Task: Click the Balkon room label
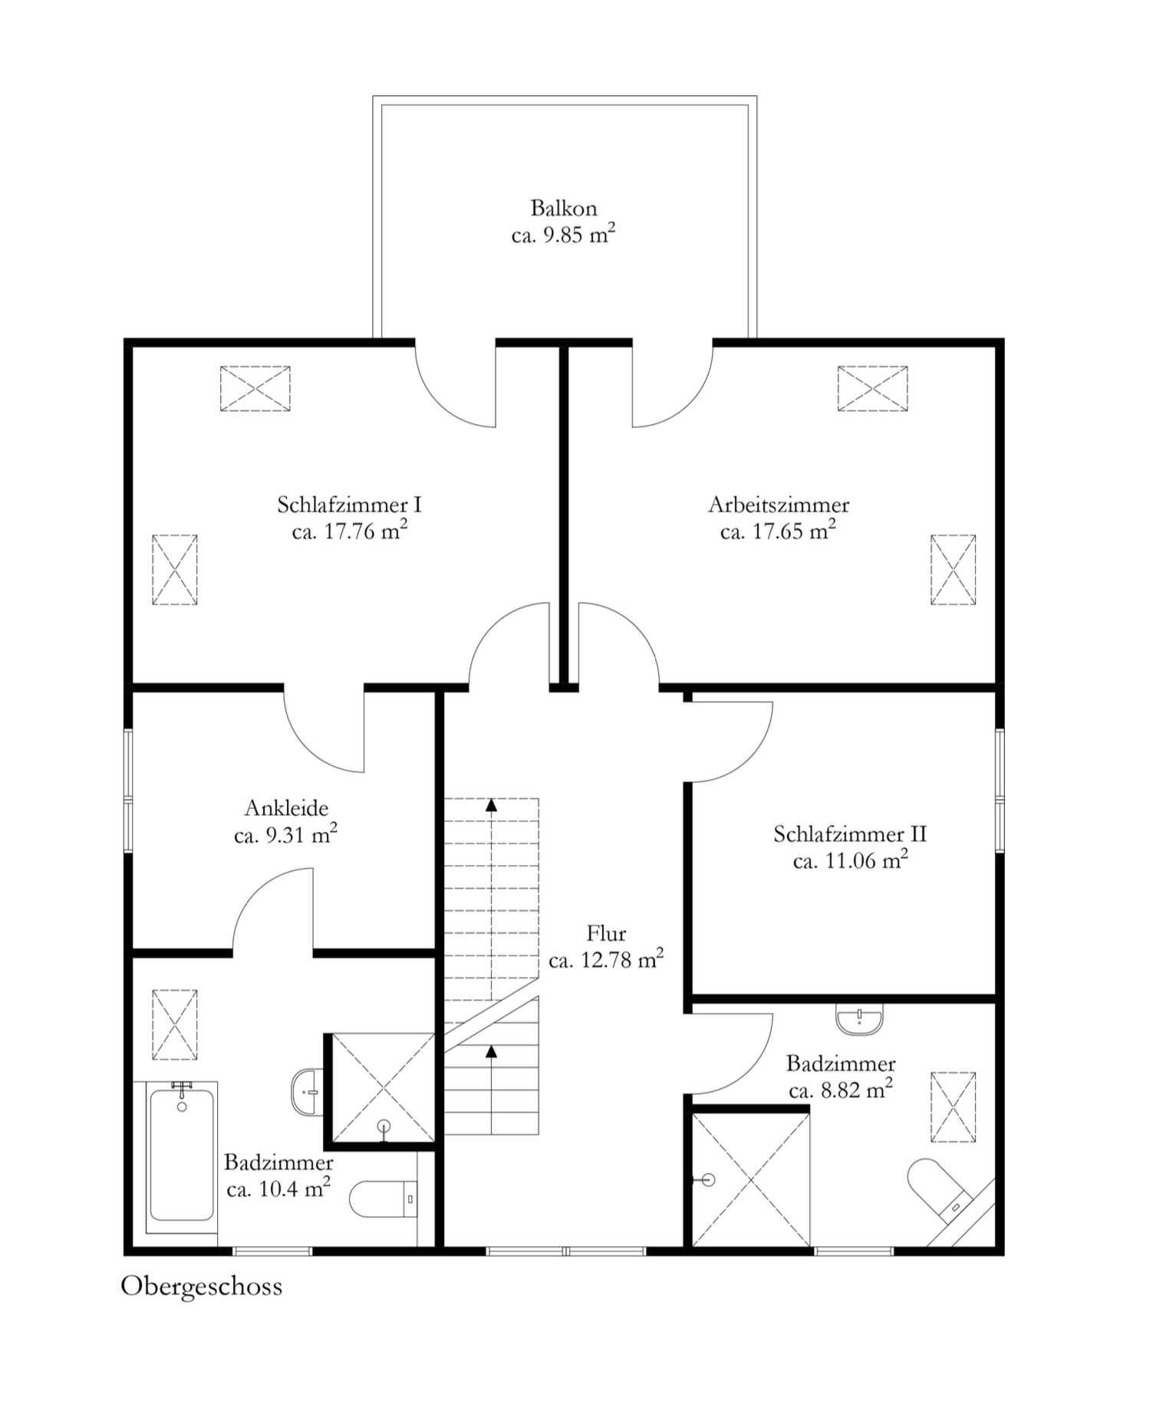click(x=564, y=208)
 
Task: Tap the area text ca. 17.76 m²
click(x=349, y=531)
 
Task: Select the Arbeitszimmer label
click(x=779, y=505)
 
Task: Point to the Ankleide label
click(x=286, y=807)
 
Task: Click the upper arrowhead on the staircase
click(x=491, y=804)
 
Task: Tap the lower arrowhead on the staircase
click(x=491, y=1050)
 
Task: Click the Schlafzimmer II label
click(x=850, y=834)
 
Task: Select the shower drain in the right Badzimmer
click(x=707, y=1180)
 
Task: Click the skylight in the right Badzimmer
click(x=954, y=1107)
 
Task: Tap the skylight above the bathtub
click(x=175, y=1025)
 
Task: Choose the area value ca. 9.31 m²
click(x=286, y=834)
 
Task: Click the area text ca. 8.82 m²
click(x=841, y=1090)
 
